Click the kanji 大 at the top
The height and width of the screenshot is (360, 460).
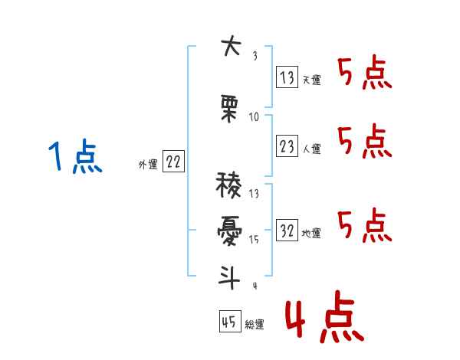point(232,46)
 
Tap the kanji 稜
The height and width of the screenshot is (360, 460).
point(228,185)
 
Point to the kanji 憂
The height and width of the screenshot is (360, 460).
point(229,231)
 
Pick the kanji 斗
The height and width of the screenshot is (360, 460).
point(229,277)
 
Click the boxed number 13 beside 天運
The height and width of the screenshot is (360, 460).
point(287,77)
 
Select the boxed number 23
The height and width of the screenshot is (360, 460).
point(287,146)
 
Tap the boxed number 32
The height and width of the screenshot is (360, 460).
point(287,230)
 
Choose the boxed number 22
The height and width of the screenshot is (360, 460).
point(173,162)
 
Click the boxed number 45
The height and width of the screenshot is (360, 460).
point(230,321)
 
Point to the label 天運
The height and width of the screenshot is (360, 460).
point(312,80)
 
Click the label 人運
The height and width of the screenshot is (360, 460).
point(312,149)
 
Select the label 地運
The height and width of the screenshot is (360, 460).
point(311,234)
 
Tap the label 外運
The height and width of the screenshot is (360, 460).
point(148,165)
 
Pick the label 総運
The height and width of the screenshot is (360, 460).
point(255,325)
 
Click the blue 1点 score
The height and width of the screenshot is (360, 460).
point(75,156)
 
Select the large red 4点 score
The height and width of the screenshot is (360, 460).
point(325,316)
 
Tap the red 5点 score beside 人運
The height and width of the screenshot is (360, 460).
point(365,141)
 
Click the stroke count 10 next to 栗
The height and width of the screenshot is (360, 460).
point(254,117)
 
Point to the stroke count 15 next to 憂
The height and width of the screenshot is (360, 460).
point(254,240)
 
